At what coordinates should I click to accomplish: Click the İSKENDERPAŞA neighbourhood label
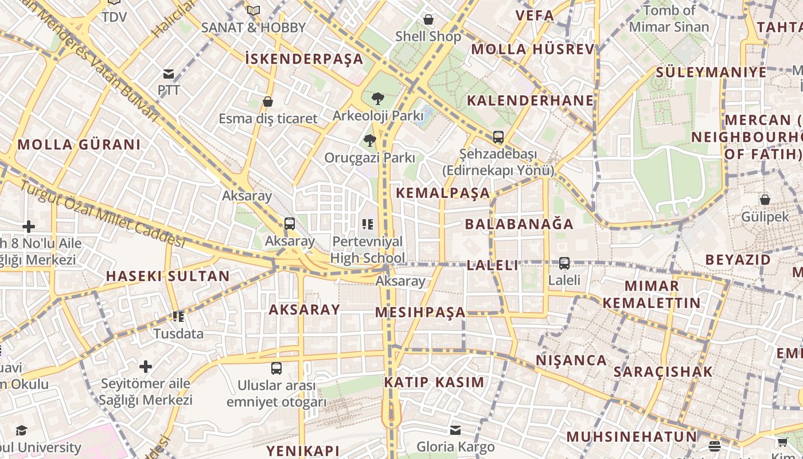pos(304,59)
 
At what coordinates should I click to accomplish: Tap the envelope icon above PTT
pos(169,74)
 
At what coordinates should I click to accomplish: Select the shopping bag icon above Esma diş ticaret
pos(267,102)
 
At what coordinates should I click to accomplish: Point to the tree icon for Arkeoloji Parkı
pos(377,99)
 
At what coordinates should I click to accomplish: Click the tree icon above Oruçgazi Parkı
pos(369,140)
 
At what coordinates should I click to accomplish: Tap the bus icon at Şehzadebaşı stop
pos(498,137)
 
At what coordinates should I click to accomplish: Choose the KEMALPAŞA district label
pos(443,193)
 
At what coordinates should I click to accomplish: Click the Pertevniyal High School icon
pos(368,224)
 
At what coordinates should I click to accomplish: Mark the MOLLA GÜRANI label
pos(79,144)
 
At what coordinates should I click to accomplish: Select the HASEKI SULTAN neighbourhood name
pos(167,276)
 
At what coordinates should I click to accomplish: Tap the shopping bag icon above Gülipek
pos(765,200)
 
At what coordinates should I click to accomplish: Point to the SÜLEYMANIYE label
pos(711,72)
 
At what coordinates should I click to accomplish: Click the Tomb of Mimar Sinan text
pos(669,18)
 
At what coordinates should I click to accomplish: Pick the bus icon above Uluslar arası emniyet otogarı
pos(276,368)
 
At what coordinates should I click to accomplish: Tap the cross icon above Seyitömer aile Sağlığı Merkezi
pos(146,366)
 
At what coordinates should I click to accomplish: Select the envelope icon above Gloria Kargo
pos(455,430)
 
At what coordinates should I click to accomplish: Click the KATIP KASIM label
pos(434,382)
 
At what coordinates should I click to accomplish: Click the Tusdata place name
pos(178,333)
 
